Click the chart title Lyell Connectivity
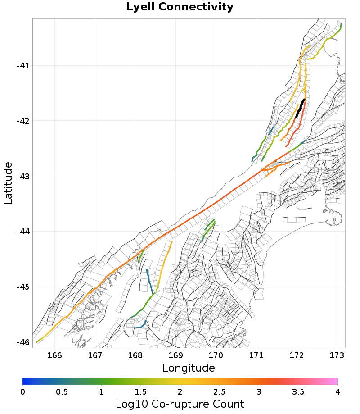[180, 7]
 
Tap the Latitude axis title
[8, 184]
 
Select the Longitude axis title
[189, 368]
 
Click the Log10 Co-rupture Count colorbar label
[180, 404]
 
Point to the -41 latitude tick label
[23, 66]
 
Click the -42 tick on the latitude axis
[23, 121]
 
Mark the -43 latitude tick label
[23, 176]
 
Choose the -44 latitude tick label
[23, 232]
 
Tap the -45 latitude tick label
[23, 287]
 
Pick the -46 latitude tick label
[23, 342]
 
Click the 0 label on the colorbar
[22, 391]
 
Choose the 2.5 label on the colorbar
[219, 391]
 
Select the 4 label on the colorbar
[337, 391]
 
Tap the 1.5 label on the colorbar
[140, 391]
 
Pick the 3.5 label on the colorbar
[298, 391]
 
